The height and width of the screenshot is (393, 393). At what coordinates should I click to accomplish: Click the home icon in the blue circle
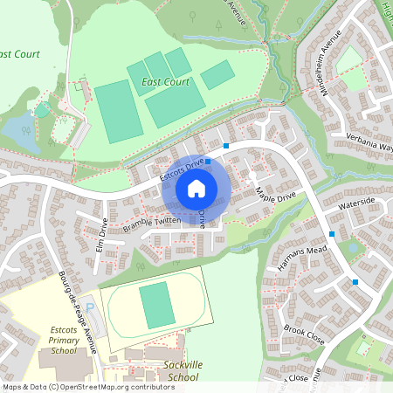coord(196,188)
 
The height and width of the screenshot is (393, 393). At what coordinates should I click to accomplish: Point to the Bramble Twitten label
coord(152,224)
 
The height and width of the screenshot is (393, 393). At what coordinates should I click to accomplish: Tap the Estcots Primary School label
coord(63,340)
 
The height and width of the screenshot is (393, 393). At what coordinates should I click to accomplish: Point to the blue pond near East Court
coord(21,134)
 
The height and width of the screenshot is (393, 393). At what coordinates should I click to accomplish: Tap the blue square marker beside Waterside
coord(332,234)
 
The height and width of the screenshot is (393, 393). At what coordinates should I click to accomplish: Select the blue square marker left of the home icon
coord(208,162)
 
